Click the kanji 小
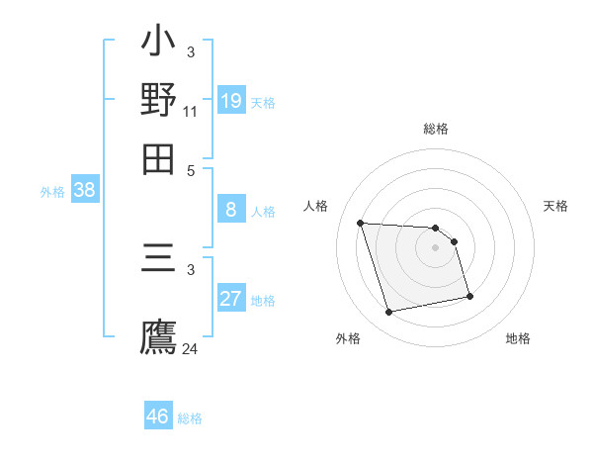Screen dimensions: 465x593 159,45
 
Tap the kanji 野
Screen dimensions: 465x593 159,100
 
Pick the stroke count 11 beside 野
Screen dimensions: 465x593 190,112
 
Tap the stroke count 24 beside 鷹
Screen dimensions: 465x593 190,348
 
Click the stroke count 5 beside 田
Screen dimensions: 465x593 191,169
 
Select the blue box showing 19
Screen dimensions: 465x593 231,100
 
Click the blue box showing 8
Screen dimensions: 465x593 231,209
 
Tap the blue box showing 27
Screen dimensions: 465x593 231,299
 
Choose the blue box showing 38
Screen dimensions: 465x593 84,191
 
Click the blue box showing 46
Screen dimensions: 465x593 158,417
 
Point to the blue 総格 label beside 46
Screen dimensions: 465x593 190,418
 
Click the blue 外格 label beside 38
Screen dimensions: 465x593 52,193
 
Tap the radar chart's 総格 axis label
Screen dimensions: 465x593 436,129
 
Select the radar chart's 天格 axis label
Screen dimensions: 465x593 555,206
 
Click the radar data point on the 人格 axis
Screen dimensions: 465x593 361,223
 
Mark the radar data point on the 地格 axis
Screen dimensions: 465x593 469,296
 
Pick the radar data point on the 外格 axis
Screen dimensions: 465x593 389,313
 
